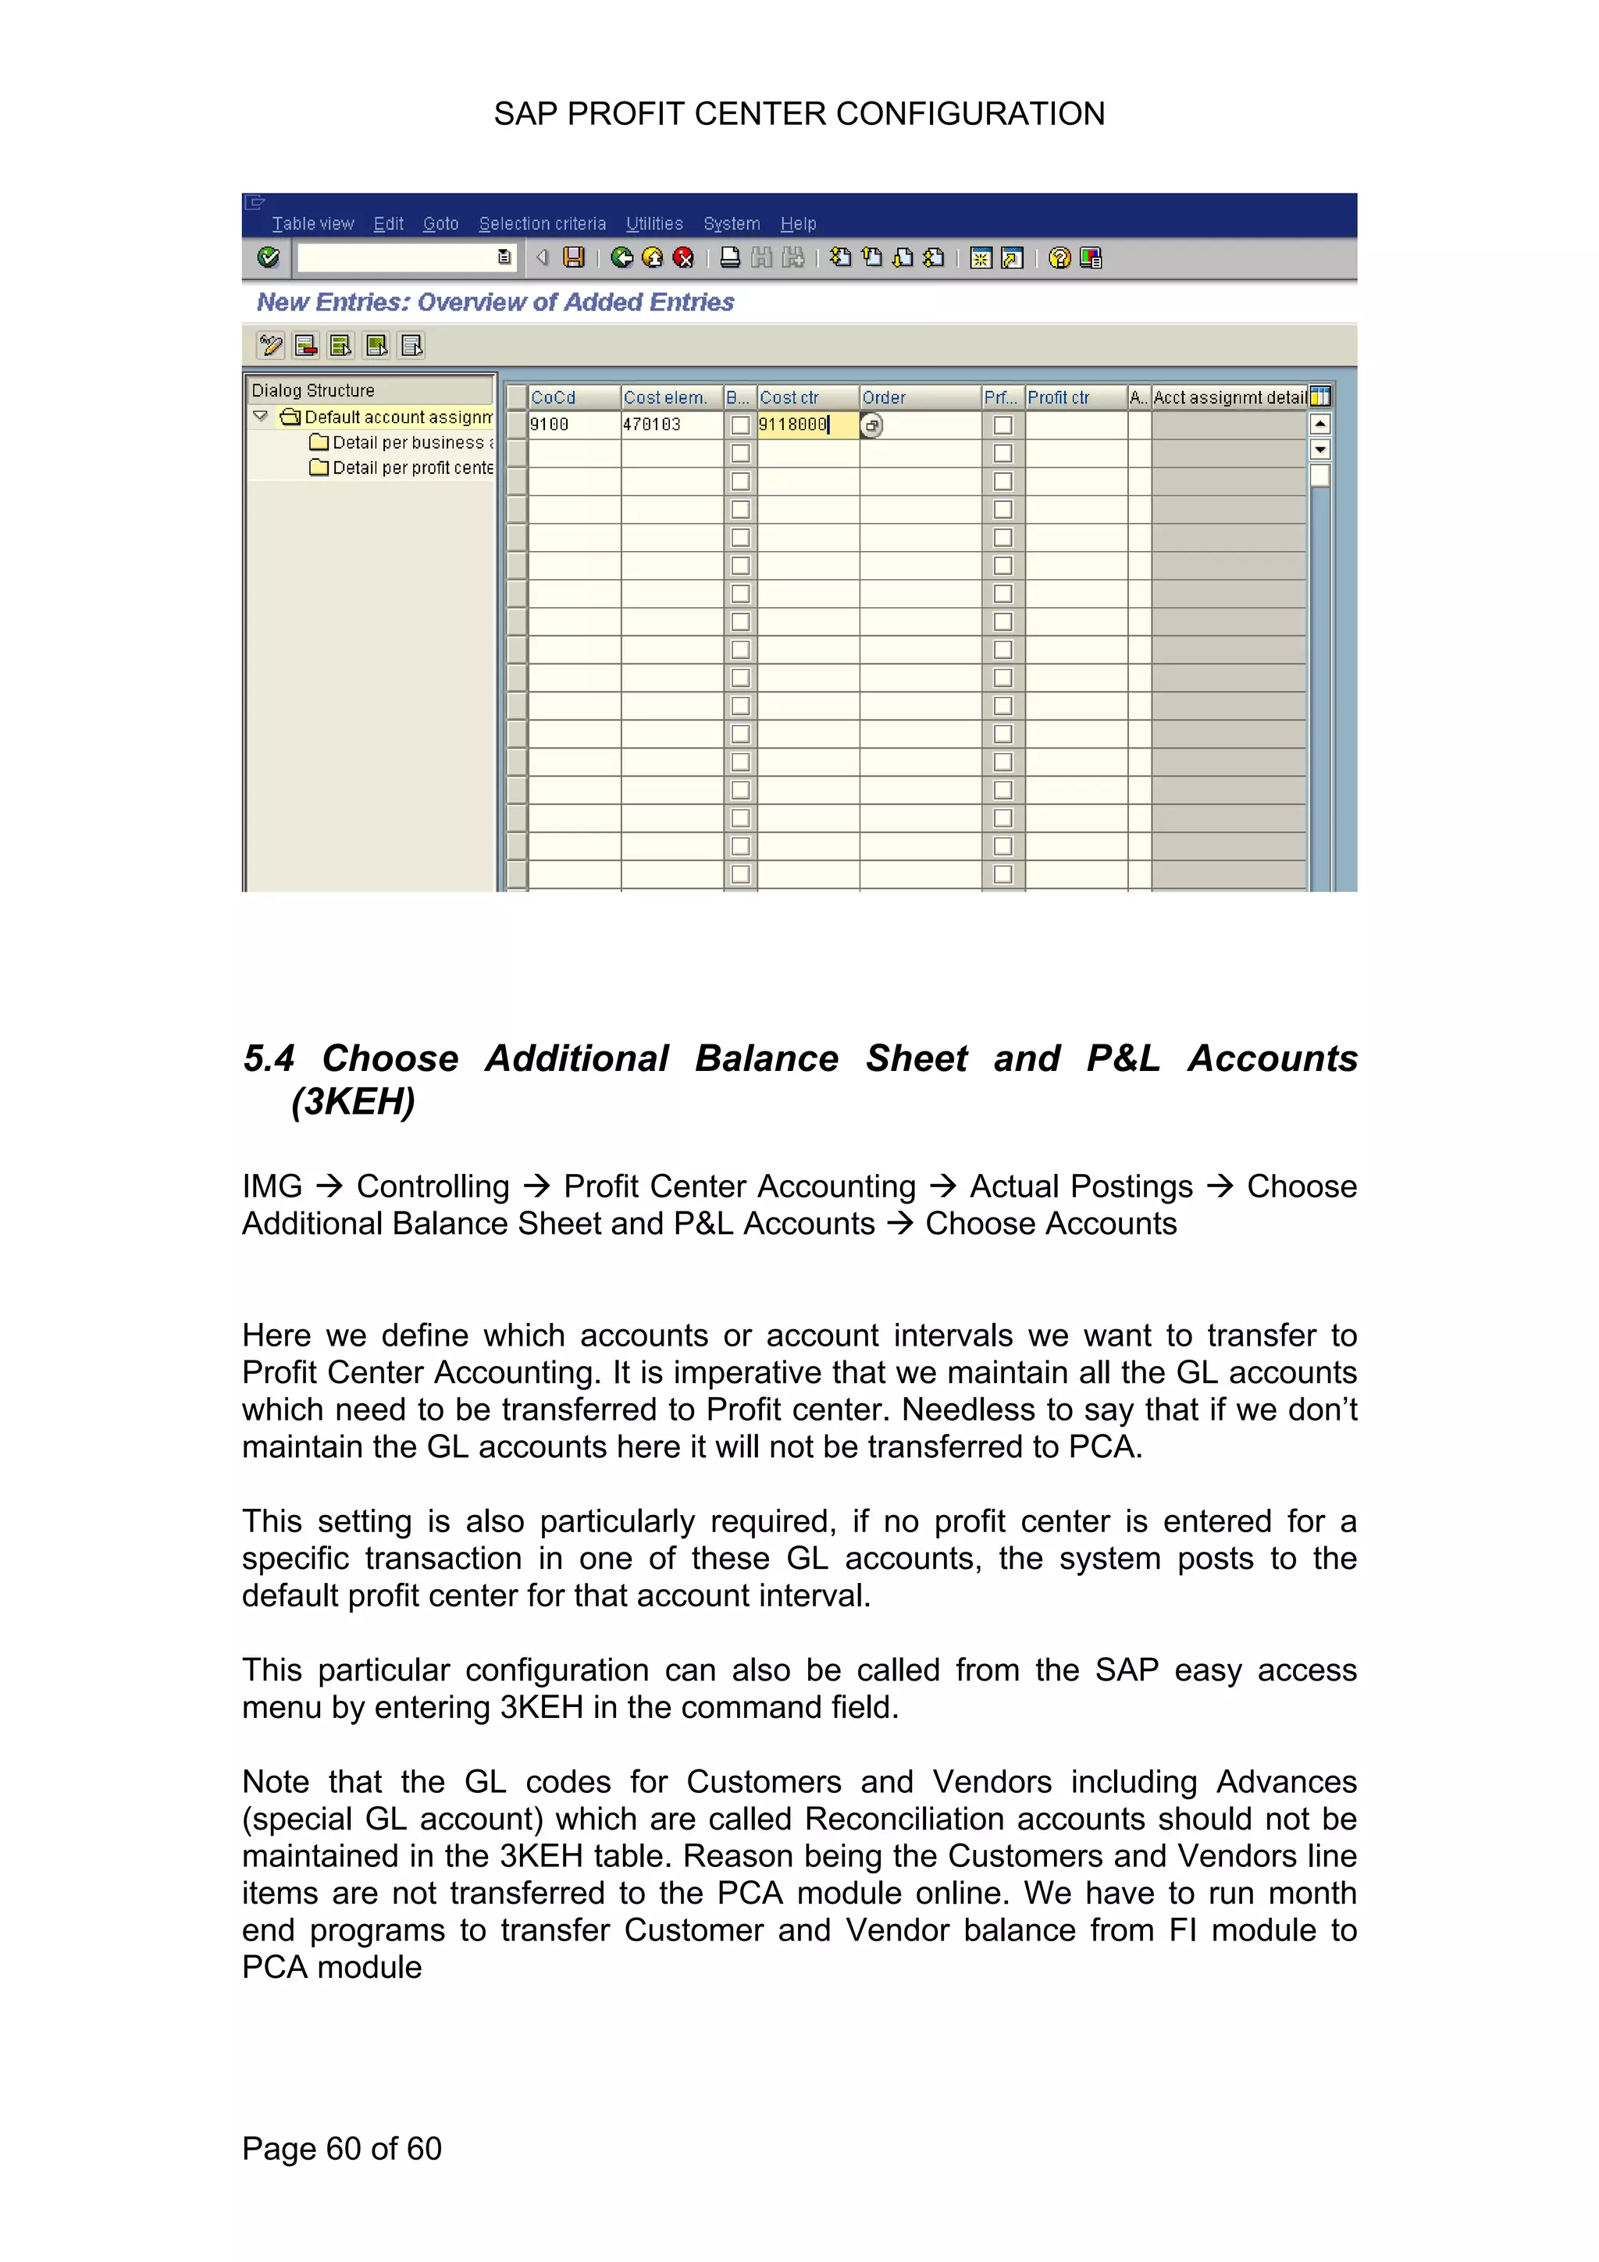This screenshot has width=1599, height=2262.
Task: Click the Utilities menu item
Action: click(x=654, y=224)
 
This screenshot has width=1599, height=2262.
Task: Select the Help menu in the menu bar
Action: click(x=798, y=224)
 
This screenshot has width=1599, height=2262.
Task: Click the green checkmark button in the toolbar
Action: click(x=268, y=258)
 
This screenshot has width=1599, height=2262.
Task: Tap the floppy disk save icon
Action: click(x=573, y=258)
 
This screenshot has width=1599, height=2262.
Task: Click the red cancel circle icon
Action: click(x=682, y=258)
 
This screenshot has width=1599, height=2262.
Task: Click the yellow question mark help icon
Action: click(x=1059, y=258)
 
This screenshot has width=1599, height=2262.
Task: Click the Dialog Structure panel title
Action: click(x=313, y=390)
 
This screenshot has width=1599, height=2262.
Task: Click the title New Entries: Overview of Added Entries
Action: click(x=494, y=302)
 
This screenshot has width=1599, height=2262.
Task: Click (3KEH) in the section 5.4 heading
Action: click(x=353, y=1101)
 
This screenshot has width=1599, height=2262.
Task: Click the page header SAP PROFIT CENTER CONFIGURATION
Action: click(x=799, y=114)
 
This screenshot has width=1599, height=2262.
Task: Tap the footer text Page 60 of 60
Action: click(x=342, y=2148)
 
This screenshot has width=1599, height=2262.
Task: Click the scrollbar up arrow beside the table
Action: click(x=1320, y=425)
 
